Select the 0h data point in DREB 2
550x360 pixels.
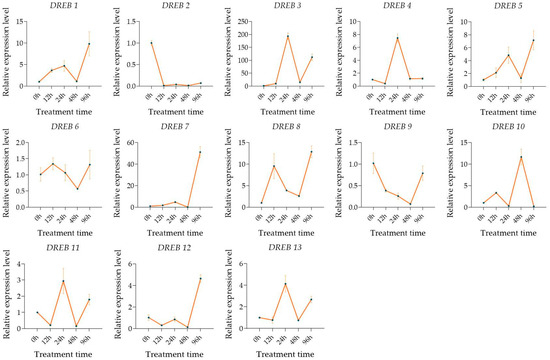[151, 43]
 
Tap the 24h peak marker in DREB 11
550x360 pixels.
[63, 281]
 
